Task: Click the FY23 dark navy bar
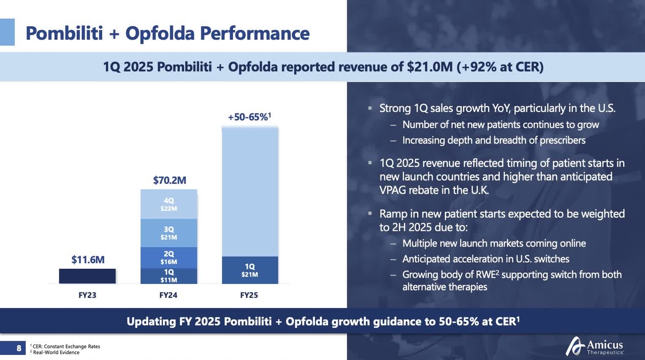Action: (x=87, y=276)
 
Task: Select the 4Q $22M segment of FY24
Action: (x=169, y=204)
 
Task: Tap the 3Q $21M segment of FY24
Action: (x=169, y=233)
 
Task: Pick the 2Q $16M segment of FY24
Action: (x=169, y=258)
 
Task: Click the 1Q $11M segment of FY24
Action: (x=169, y=276)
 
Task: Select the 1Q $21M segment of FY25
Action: (x=250, y=270)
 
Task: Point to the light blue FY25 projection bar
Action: (x=250, y=192)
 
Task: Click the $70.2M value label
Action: (x=169, y=180)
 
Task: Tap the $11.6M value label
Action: (x=88, y=260)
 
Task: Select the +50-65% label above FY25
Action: (x=249, y=117)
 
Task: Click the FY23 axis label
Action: (x=87, y=295)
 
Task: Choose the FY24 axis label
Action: (x=168, y=295)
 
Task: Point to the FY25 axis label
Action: (x=249, y=295)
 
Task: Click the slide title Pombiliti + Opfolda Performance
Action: (x=167, y=33)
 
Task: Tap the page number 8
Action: (x=19, y=348)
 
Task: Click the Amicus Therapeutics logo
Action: (x=595, y=346)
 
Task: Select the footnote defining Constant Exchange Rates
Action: (x=66, y=346)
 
